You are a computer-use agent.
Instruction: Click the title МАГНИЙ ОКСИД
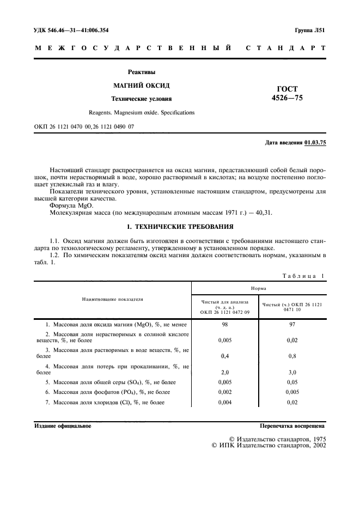[141, 86]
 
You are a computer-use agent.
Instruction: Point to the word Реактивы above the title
[141, 71]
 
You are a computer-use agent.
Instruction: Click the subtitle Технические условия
[141, 99]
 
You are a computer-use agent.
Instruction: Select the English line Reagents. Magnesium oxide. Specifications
[141, 112]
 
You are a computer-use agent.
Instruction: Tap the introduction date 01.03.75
[315, 142]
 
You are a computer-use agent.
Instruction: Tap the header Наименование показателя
[113, 299]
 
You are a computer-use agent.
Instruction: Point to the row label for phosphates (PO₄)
[107, 392]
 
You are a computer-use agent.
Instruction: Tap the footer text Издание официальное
[63, 426]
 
